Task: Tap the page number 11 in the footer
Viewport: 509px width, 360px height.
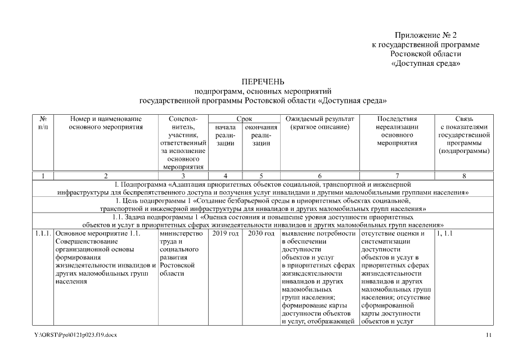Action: point(488,335)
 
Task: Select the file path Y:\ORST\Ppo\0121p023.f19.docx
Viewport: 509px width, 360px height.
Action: point(76,335)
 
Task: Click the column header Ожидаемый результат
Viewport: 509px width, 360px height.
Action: point(319,119)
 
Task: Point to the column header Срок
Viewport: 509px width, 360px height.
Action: point(244,119)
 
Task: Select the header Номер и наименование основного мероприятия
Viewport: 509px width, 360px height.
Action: point(106,123)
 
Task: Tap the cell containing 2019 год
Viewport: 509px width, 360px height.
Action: point(225,233)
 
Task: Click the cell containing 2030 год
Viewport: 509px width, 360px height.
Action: point(261,233)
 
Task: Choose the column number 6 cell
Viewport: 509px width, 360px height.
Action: point(319,175)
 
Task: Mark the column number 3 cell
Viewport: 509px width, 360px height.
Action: point(183,175)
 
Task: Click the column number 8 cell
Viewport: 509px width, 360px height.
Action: point(464,175)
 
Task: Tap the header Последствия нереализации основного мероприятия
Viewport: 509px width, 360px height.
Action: point(397,130)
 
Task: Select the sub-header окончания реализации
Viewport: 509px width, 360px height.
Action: point(261,135)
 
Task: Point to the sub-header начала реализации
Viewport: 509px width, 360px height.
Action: point(225,135)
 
